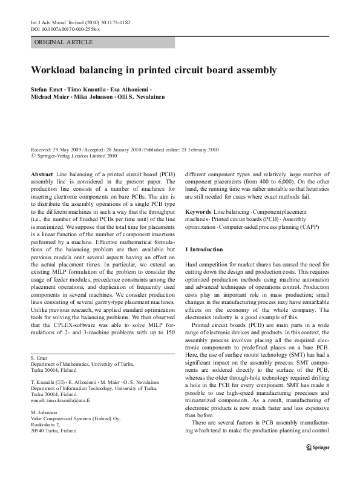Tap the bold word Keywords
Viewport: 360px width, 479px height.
[197, 212]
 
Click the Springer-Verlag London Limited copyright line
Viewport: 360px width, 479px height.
[76, 155]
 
